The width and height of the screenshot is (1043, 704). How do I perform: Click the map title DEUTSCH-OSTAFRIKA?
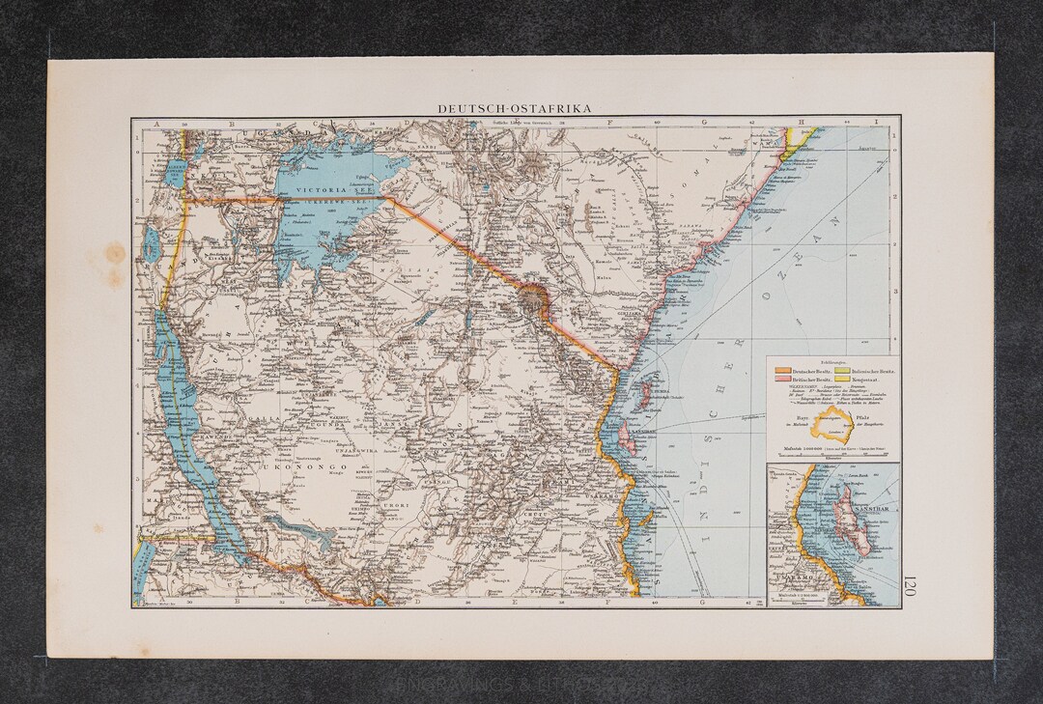515,109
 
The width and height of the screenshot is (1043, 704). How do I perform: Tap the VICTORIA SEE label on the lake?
328,190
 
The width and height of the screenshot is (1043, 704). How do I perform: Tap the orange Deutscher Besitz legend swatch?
782,371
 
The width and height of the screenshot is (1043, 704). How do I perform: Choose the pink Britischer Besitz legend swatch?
782,382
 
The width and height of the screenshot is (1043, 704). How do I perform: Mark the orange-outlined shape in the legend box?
832,424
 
